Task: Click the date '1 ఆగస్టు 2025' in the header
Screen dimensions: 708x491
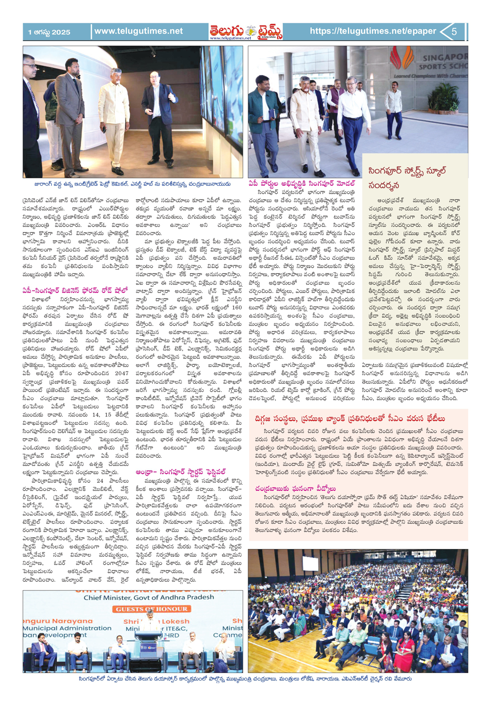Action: [x=49, y=32]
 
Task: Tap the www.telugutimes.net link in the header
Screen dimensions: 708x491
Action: [x=138, y=31]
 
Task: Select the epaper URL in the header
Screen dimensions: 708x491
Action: [x=372, y=31]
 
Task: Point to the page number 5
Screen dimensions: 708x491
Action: [x=454, y=32]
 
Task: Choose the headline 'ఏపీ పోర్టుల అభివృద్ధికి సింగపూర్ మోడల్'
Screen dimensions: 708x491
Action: [x=302, y=183]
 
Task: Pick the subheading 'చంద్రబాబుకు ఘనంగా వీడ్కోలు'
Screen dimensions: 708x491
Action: [x=295, y=489]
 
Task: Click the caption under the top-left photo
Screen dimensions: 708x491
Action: [x=132, y=184]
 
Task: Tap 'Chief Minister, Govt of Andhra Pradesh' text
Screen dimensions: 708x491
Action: [x=149, y=597]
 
